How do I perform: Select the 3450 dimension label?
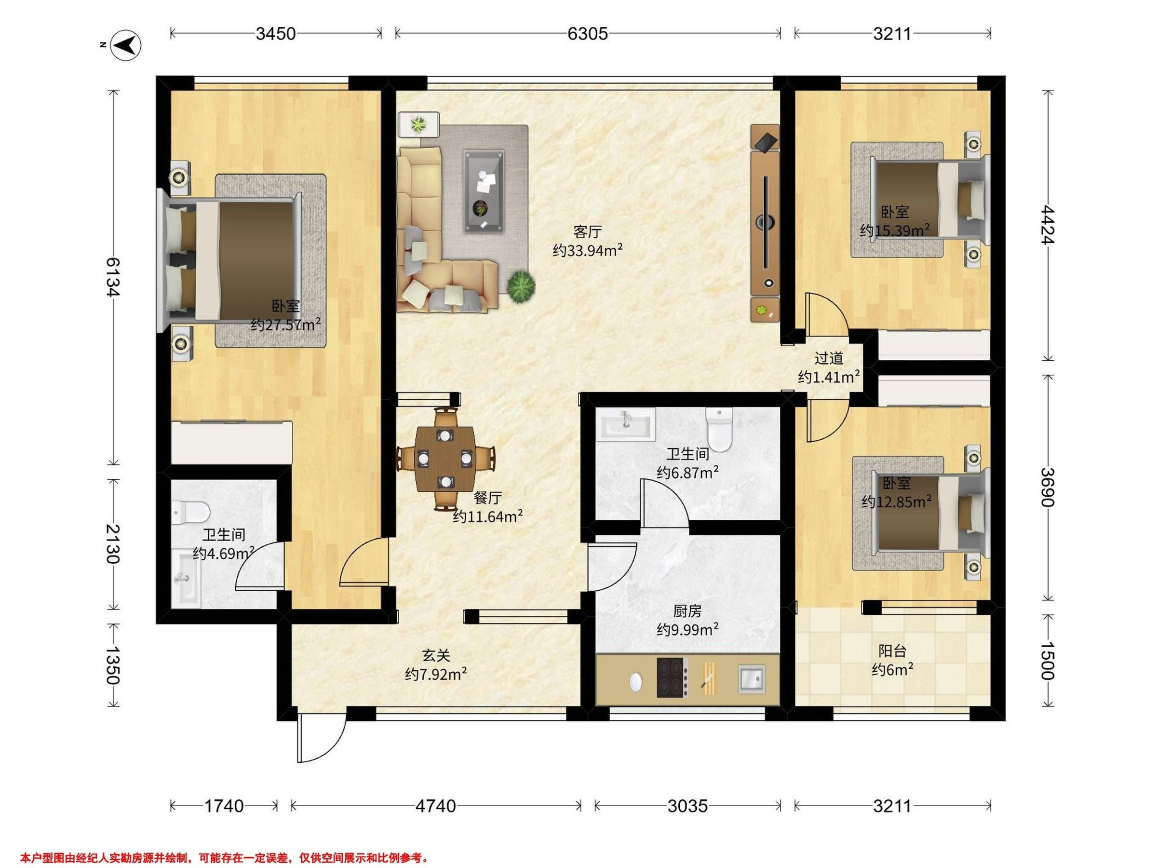coord(276,34)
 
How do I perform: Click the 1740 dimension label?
coord(224,806)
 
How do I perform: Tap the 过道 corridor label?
coord(829,358)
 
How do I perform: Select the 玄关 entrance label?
coord(436,655)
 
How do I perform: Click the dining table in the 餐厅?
coord(445,458)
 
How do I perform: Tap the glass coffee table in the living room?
coord(484,191)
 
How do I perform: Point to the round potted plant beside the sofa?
coord(521,286)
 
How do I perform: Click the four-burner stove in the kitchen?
coord(672,678)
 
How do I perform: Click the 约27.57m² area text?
coord(285,325)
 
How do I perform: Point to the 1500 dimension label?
coord(1048,660)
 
